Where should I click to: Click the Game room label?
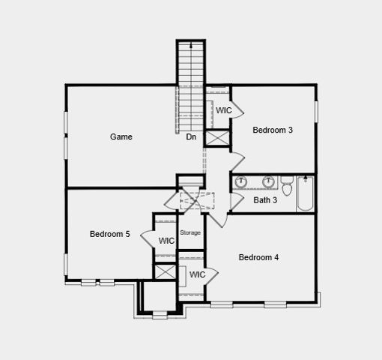(x=121, y=137)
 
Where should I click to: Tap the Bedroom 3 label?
(x=273, y=130)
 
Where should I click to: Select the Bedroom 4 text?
(x=258, y=258)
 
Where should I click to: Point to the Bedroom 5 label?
(x=110, y=234)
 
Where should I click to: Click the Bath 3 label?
(x=265, y=200)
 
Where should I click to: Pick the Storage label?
(x=190, y=233)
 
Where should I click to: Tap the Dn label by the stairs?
(x=191, y=137)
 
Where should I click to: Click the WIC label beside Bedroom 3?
(x=224, y=111)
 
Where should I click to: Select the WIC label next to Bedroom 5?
(x=166, y=241)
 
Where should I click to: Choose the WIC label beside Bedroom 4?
(x=197, y=275)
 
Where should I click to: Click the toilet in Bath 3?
(x=287, y=181)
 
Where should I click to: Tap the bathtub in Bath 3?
(x=306, y=193)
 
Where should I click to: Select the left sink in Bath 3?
(x=241, y=181)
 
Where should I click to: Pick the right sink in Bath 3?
(x=268, y=181)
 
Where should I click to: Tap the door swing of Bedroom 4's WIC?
(x=212, y=274)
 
